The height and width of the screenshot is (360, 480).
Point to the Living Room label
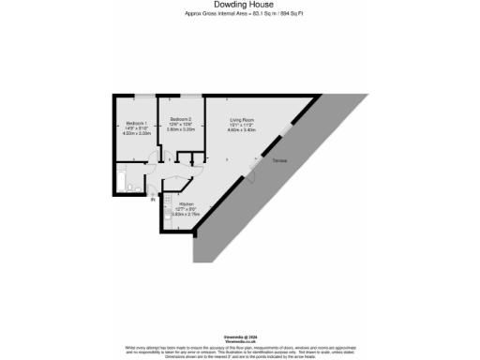[244, 119]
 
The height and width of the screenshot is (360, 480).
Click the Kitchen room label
[186, 203]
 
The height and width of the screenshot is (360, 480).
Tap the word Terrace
[279, 161]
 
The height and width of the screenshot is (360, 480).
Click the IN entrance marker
[153, 197]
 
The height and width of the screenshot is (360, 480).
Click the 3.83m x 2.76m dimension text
[186, 215]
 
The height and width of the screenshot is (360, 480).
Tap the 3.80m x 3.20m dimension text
[181, 129]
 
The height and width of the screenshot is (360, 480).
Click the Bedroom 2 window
[189, 96]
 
